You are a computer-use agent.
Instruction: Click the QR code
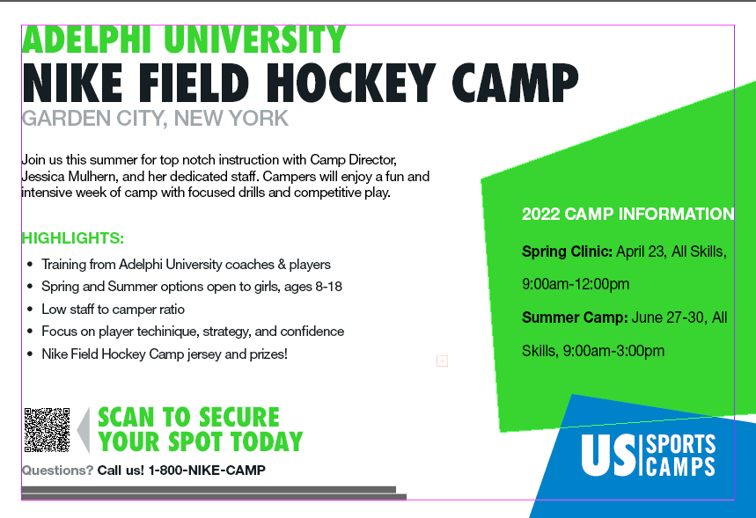coord(47,430)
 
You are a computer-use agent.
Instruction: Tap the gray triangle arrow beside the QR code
coord(84,430)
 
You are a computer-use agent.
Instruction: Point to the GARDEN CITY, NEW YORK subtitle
coord(155,119)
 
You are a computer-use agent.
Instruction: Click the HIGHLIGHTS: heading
coord(73,238)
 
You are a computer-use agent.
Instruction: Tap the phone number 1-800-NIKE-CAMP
coord(207,471)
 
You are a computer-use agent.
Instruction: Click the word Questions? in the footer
coord(57,471)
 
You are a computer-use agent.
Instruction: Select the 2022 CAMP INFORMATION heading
coord(628,215)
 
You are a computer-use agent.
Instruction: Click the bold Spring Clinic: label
coord(567,252)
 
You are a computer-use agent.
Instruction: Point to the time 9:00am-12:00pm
coord(576,285)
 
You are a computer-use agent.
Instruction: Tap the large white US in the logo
coord(608,455)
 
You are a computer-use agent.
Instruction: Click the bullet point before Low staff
coord(31,310)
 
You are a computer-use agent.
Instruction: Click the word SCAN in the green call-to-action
coord(127,417)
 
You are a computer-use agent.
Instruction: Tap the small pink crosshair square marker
coord(442,361)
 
